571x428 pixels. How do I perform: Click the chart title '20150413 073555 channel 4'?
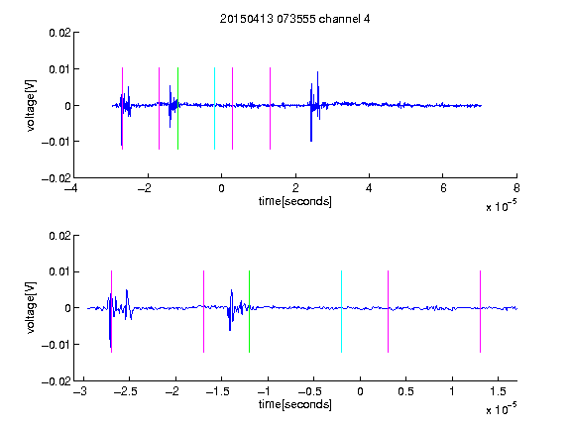(295, 19)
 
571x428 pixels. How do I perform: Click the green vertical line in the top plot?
(177, 108)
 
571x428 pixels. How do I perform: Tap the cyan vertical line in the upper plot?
(214, 108)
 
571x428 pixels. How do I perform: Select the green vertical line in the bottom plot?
(249, 311)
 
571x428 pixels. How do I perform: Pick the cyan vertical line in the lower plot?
(341, 311)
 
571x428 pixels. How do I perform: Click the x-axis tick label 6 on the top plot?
(443, 188)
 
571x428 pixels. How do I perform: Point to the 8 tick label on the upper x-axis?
(516, 188)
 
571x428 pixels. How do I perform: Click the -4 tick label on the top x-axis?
(70, 188)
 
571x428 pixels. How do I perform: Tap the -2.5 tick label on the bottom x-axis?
(125, 391)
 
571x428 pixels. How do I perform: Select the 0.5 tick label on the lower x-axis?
(405, 391)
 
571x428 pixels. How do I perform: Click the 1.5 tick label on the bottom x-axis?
(498, 391)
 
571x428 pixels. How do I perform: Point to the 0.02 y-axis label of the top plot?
(60, 33)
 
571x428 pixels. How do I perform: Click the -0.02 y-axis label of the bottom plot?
(57, 381)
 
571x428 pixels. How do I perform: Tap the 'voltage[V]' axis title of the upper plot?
(31, 105)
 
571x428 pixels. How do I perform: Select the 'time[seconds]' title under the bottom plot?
(295, 404)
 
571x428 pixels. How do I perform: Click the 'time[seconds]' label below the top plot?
(295, 201)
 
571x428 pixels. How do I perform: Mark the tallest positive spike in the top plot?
(317, 72)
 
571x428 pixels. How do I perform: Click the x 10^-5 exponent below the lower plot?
(501, 408)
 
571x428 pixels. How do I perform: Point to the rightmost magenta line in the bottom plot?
(480, 311)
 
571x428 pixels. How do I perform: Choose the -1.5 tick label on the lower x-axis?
(217, 391)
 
